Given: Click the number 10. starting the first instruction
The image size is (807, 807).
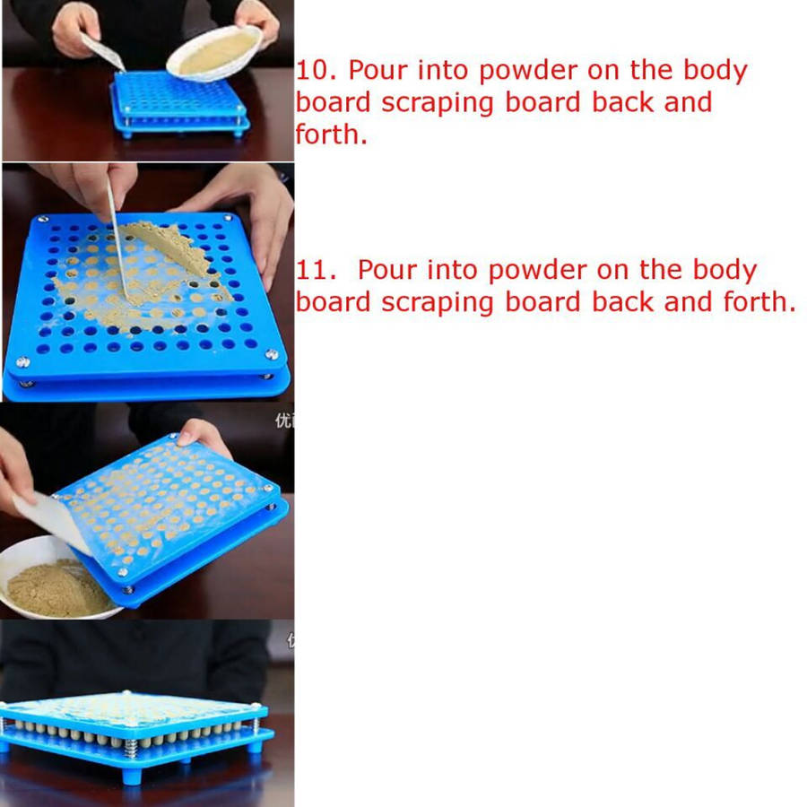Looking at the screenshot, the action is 316,71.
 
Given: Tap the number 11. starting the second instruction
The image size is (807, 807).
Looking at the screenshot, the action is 316,270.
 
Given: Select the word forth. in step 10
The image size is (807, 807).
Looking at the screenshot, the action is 331,134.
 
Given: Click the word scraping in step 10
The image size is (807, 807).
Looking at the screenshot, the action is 437,103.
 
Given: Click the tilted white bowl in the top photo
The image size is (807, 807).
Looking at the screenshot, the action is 215,53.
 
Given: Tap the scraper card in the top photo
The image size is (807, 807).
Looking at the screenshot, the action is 102,51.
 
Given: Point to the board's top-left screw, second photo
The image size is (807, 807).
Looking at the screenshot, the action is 43,220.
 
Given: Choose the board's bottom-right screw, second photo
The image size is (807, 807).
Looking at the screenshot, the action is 272,354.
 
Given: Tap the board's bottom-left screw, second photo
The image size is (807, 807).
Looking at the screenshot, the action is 22,362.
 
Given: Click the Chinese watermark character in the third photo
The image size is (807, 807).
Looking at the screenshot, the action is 284,421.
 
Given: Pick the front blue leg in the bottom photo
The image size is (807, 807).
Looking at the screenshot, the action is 133,776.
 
